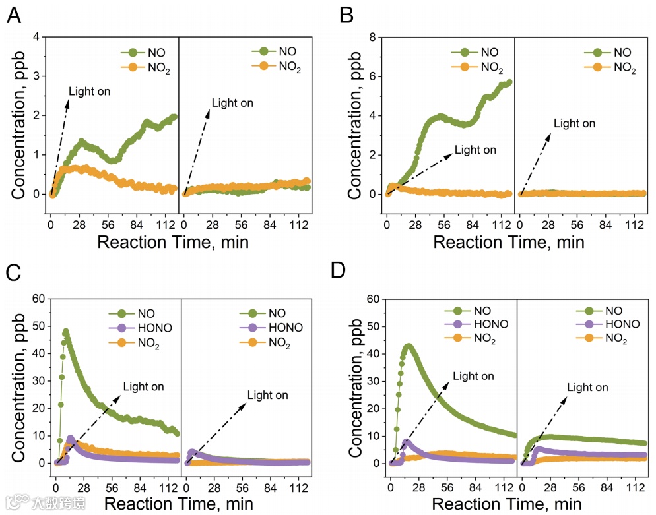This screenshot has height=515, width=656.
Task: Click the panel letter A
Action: point(13,16)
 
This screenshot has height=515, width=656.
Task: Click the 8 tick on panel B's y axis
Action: point(372,38)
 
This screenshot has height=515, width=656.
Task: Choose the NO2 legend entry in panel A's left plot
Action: point(156,67)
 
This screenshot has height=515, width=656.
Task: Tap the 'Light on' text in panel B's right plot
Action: point(574,123)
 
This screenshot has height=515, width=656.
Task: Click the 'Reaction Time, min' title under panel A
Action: point(173,241)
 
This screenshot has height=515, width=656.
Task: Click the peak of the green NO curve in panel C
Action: point(65,332)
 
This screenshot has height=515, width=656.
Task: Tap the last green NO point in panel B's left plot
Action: point(509,82)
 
